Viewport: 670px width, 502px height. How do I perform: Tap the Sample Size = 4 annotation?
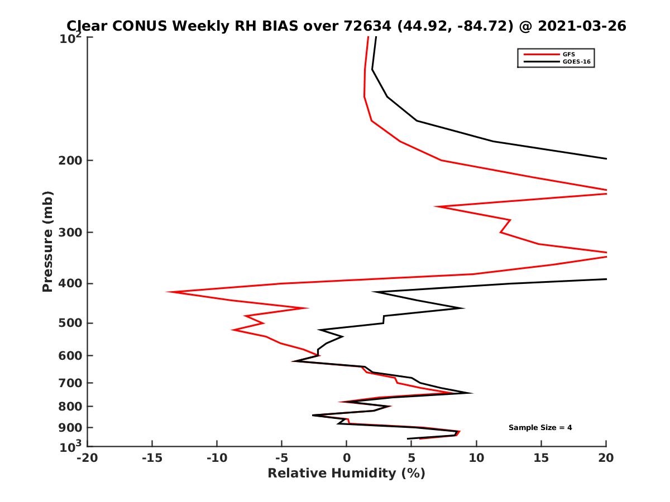point(540,428)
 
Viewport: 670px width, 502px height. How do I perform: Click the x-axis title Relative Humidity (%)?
point(346,474)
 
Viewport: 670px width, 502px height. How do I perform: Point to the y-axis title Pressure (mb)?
point(47,242)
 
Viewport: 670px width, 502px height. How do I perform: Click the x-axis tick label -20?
point(87,458)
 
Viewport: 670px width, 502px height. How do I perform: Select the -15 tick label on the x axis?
point(152,458)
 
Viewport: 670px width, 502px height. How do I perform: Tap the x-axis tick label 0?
point(347,458)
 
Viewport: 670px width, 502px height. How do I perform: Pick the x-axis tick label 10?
point(476,458)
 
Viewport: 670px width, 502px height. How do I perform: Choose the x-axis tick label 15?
point(541,458)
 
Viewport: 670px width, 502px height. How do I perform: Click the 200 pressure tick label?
point(68,161)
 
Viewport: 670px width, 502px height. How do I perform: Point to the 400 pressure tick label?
point(68,284)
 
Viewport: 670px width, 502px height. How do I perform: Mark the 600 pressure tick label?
point(68,356)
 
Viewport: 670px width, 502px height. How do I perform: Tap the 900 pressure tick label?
point(68,428)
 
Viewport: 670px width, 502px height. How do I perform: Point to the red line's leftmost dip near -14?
point(168,292)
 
